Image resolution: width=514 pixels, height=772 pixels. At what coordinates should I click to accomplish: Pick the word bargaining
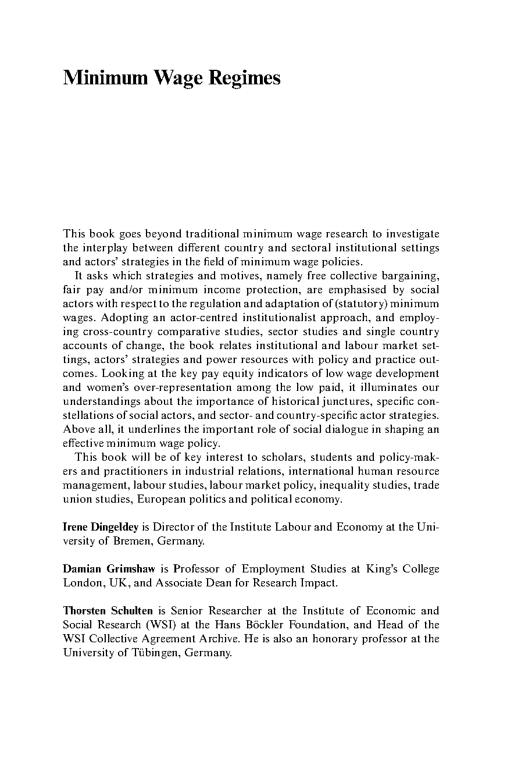[x=412, y=276]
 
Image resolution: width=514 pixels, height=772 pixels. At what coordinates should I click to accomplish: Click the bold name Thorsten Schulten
[x=108, y=611]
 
